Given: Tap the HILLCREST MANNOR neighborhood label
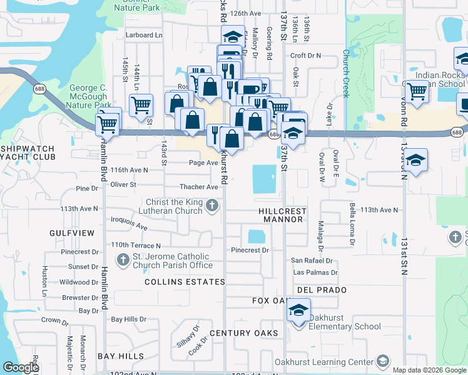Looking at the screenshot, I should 282,216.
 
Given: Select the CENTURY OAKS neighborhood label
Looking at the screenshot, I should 243,333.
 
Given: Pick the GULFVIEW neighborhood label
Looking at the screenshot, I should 72,233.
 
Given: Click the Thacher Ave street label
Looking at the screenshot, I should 199,187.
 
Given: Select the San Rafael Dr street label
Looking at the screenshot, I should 312,261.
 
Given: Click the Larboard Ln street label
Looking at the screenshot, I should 143,35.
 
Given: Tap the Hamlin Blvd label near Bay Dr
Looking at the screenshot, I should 104,294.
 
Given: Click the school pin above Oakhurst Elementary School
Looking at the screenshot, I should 298,310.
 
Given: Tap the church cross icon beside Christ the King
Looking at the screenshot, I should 213,204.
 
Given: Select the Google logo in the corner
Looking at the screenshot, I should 21,368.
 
